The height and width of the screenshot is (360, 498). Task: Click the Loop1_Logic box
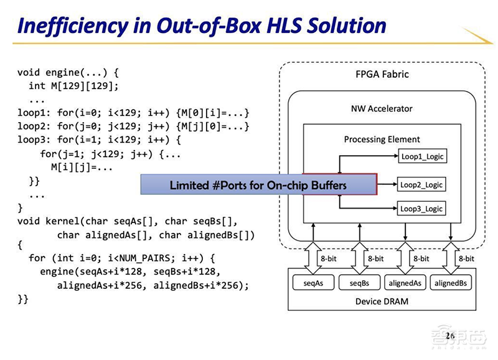(423, 156)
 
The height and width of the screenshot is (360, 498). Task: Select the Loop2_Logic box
(421, 184)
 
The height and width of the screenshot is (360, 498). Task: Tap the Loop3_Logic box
(421, 209)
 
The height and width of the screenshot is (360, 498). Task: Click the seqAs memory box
(313, 283)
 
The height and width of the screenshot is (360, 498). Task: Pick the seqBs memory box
(359, 283)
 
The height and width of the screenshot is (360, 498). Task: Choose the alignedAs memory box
(405, 283)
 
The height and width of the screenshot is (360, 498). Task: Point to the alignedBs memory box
(451, 283)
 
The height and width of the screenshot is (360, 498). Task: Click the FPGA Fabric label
(382, 74)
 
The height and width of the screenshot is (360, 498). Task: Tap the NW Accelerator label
(382, 108)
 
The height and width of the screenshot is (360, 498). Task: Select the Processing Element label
(382, 139)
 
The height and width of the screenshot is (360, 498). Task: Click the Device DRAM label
(382, 301)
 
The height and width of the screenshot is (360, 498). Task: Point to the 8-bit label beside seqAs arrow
(329, 258)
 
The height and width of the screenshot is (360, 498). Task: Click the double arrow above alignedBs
(451, 258)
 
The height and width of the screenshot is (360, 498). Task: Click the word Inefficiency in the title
(73, 26)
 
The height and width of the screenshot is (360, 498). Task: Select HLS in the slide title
(284, 26)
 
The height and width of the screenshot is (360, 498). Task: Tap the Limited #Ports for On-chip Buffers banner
(258, 184)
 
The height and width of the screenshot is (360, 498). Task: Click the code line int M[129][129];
(73, 86)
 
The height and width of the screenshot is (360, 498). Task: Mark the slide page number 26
(449, 336)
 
